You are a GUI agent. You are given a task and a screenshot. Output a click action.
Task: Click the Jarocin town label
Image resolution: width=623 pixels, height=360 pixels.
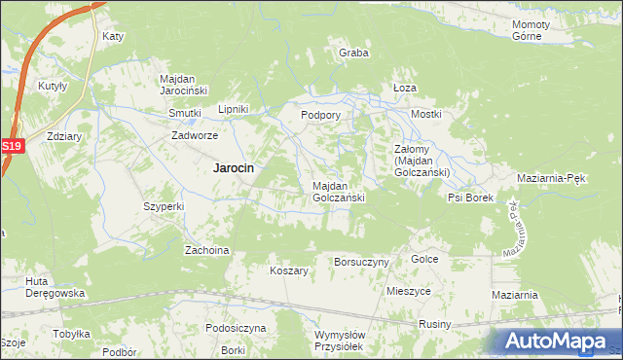234,167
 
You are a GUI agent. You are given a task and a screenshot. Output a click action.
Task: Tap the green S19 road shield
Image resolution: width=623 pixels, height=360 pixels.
11,146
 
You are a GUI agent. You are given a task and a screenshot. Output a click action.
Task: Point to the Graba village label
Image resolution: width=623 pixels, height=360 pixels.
353,53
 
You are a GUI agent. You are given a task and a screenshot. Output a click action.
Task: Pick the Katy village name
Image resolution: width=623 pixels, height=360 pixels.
113,37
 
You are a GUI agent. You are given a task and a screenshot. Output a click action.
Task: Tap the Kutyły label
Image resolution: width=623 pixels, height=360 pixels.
53,86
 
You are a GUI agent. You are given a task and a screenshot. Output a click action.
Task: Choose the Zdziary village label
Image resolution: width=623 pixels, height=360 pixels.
63,137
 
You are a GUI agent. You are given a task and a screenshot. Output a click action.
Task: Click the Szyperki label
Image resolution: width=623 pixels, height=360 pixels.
164,206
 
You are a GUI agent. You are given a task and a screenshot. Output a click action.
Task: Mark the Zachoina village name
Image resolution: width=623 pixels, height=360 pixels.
206,250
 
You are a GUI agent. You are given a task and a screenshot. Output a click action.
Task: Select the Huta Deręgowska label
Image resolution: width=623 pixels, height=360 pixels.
56,287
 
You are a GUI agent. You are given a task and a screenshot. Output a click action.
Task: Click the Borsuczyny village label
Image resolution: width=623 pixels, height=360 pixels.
361,262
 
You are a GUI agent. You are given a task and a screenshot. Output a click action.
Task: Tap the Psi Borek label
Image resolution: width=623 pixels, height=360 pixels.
470,198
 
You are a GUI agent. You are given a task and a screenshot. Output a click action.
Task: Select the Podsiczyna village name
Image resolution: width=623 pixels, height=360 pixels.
236,328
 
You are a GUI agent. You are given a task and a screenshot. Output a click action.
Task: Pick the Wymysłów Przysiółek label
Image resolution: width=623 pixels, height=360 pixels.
339,341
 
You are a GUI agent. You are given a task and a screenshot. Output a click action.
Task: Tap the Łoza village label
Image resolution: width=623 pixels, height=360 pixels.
404,87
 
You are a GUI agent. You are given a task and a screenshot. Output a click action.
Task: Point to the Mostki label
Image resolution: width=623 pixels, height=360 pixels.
426,114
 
